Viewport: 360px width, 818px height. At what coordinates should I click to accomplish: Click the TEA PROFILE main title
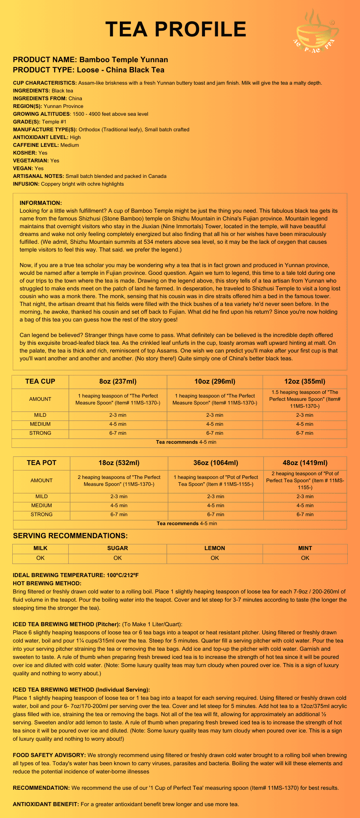(x=176, y=29)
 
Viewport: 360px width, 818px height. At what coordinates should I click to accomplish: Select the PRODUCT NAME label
(x=45, y=60)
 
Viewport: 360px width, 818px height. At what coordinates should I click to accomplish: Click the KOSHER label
(x=25, y=153)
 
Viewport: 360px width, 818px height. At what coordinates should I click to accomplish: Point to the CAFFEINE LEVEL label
(x=36, y=145)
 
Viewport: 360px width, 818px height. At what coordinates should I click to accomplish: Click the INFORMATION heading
(x=40, y=203)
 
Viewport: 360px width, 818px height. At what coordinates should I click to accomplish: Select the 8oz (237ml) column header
(x=118, y=382)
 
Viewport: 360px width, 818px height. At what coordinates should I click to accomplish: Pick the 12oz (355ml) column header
(x=305, y=382)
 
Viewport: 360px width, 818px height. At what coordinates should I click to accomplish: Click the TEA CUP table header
(x=40, y=382)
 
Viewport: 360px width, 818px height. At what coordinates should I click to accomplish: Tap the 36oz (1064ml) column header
(x=216, y=463)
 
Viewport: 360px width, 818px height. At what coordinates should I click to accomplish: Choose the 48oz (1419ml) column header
(x=305, y=463)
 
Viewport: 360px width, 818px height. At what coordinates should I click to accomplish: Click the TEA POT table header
(x=41, y=463)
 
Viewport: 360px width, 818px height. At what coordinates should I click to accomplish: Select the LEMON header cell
(x=215, y=548)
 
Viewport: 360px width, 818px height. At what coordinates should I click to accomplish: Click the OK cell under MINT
(x=305, y=558)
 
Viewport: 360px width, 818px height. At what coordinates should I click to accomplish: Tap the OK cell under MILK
(x=40, y=558)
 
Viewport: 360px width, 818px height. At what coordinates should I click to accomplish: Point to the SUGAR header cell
(x=117, y=548)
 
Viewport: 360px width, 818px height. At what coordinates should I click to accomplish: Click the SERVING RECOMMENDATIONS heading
(x=70, y=536)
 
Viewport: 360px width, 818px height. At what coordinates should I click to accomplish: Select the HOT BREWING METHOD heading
(x=47, y=583)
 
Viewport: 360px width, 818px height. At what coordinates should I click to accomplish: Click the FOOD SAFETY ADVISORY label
(x=49, y=755)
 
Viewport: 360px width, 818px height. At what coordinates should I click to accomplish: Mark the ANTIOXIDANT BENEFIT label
(x=46, y=804)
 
